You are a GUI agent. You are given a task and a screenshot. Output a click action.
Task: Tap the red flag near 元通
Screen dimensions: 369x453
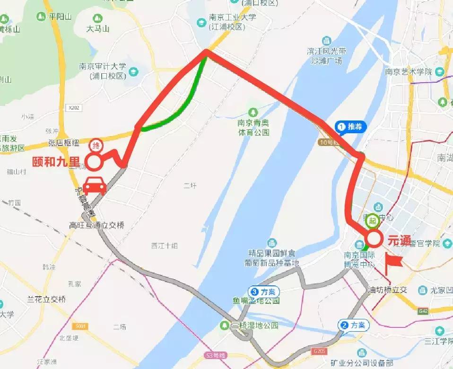click(392, 263)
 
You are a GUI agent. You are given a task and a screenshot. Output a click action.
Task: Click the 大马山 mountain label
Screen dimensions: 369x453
click(98, 29)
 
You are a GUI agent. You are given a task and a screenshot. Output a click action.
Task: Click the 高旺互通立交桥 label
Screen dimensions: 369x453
click(96, 225)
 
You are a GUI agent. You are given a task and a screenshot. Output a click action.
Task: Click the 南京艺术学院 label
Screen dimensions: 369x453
click(409, 72)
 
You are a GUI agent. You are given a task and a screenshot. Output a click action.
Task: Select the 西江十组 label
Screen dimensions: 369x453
click(164, 246)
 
